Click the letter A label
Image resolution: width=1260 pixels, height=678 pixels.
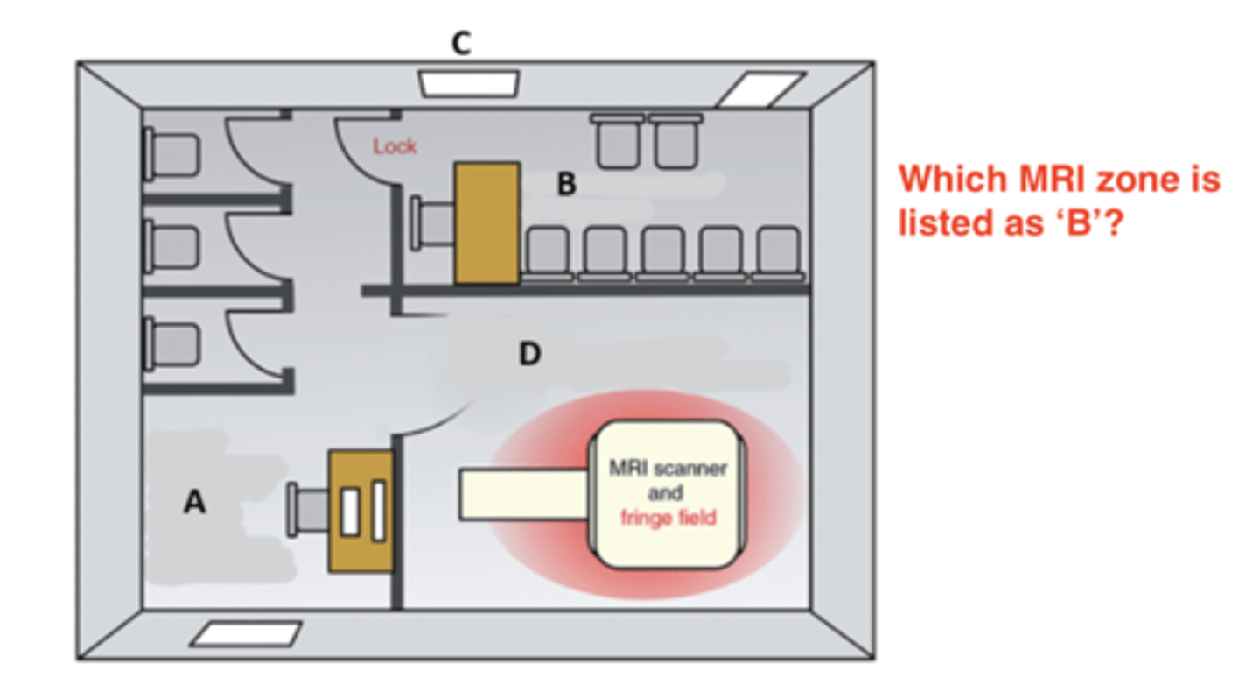pos(194,501)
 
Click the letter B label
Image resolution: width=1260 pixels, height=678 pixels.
pos(567,185)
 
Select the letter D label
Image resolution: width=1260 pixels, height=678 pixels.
pos(529,355)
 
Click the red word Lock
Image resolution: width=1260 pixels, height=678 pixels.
pos(395,146)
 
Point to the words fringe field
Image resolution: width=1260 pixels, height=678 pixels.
pos(668,517)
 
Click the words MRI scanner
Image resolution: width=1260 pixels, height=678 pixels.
pos(668,468)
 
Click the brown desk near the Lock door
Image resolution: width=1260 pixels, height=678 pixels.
pos(487,222)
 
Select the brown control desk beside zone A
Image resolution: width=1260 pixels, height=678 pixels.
pos(360,512)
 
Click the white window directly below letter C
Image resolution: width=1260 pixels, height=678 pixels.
pos(469,83)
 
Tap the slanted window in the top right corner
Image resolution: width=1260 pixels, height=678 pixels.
pos(759,89)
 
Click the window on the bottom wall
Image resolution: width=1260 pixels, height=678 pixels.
pos(246,634)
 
